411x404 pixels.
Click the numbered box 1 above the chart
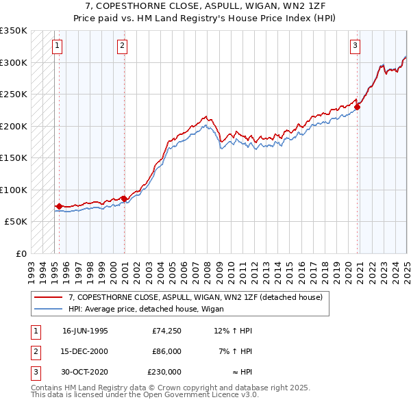tap(56, 47)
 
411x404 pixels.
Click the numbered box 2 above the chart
tap(122, 47)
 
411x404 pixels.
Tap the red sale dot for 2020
tap(358, 107)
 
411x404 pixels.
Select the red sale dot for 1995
tap(59, 206)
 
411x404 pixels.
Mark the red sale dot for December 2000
tap(124, 199)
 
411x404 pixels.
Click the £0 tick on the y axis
tap(21, 253)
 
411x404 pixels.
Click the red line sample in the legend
tap(49, 297)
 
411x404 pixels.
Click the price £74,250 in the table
tap(166, 331)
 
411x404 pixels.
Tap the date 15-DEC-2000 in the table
tap(85, 351)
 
